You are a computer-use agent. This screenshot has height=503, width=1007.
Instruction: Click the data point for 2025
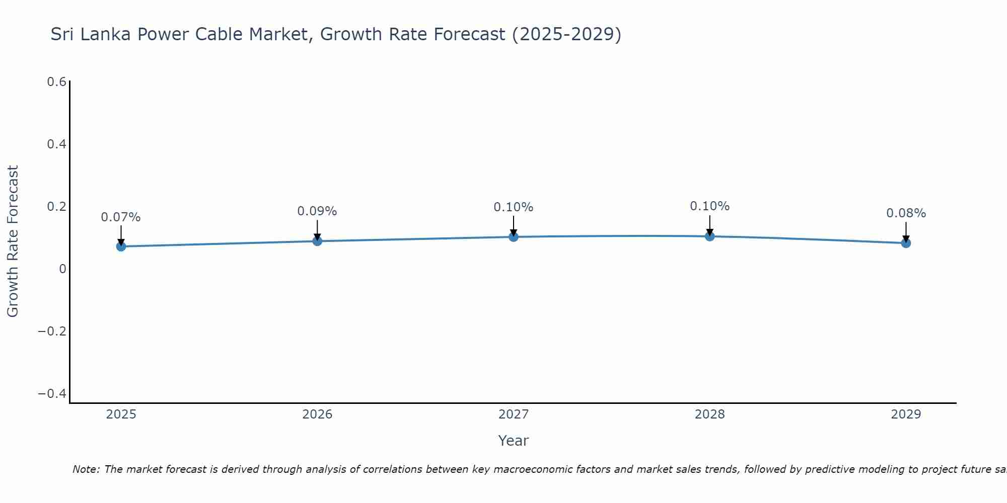point(121,246)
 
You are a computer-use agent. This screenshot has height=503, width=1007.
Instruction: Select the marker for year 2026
point(317,241)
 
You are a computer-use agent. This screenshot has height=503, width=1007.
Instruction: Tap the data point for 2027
point(514,236)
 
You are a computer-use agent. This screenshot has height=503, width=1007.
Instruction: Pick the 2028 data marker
point(709,236)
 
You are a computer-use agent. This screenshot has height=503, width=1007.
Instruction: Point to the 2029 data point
point(906,243)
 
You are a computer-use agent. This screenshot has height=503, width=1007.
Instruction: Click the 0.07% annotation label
point(121,217)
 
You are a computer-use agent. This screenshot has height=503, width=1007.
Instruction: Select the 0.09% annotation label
point(317,211)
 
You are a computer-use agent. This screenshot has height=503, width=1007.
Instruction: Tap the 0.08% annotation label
point(906,213)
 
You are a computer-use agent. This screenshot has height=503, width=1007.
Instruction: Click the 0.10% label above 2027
point(514,207)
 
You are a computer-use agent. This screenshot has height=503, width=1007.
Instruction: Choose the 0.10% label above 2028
point(709,206)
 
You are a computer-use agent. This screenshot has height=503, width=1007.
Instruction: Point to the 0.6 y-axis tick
point(57,82)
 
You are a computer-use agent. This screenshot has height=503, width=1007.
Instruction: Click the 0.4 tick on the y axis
point(57,144)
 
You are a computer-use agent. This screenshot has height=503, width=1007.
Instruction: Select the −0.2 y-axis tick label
point(52,331)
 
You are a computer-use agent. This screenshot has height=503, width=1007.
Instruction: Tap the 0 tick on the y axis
point(62,269)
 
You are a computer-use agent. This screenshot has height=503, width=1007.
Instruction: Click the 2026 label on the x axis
point(317,414)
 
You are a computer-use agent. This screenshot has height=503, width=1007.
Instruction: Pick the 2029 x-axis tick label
point(906,414)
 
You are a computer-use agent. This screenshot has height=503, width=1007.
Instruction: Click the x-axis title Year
point(513,441)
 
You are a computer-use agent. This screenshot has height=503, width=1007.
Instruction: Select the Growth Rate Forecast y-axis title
point(13,241)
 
